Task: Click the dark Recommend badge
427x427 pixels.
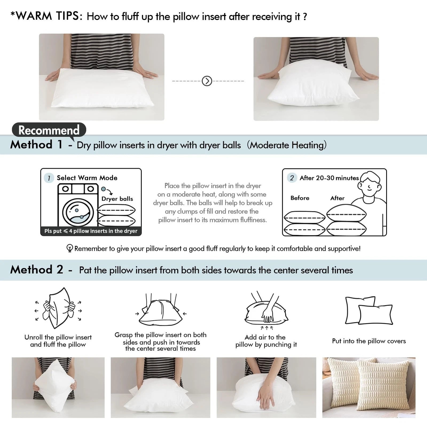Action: coord(49,130)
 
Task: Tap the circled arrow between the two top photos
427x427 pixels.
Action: coord(207,81)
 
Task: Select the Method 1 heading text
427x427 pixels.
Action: coord(36,145)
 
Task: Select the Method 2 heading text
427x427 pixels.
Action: coord(37,270)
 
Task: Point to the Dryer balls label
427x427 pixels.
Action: coord(117,199)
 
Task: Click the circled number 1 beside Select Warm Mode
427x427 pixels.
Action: coord(49,178)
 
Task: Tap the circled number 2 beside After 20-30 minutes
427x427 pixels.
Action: coord(292,178)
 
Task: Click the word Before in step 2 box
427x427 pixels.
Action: coord(300,198)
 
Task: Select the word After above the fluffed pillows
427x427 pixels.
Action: coord(337,198)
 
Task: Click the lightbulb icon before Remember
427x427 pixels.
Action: coord(69,248)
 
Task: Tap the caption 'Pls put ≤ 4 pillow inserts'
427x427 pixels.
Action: coord(91,231)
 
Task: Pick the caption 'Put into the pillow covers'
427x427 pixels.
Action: coord(369,341)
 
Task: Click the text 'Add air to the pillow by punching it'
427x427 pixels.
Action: coord(266,341)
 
